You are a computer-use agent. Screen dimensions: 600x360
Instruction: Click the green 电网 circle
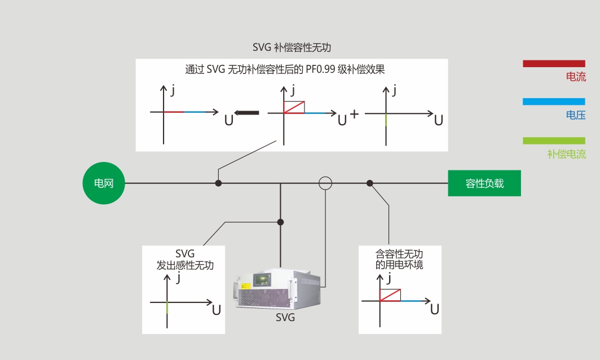click(x=104, y=183)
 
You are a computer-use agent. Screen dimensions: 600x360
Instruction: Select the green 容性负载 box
click(x=484, y=183)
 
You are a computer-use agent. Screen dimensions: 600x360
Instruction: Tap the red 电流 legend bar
click(x=554, y=64)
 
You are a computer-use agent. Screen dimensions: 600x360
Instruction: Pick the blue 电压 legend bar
click(x=554, y=102)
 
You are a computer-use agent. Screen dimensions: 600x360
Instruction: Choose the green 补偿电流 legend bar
click(x=554, y=141)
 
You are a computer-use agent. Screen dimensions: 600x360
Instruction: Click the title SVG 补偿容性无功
click(x=292, y=47)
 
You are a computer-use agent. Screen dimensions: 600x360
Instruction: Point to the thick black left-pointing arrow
click(x=246, y=113)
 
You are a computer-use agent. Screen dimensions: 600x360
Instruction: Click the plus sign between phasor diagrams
click(x=354, y=114)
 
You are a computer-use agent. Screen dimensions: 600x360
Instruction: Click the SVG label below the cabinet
click(x=285, y=318)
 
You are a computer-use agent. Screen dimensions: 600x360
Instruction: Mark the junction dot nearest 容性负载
click(x=370, y=183)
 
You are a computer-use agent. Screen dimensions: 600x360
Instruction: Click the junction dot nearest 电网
click(x=218, y=183)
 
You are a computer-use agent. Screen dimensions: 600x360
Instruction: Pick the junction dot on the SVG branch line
click(x=280, y=222)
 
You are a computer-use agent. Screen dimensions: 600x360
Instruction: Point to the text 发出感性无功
click(x=185, y=265)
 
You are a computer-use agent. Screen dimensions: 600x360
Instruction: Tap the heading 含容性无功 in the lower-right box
click(x=399, y=254)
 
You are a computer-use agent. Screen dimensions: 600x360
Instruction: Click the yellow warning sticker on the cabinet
click(x=245, y=286)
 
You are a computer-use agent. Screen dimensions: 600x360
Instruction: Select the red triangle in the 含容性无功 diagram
click(x=390, y=295)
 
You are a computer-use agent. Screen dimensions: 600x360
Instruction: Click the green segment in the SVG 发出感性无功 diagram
click(x=167, y=308)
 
